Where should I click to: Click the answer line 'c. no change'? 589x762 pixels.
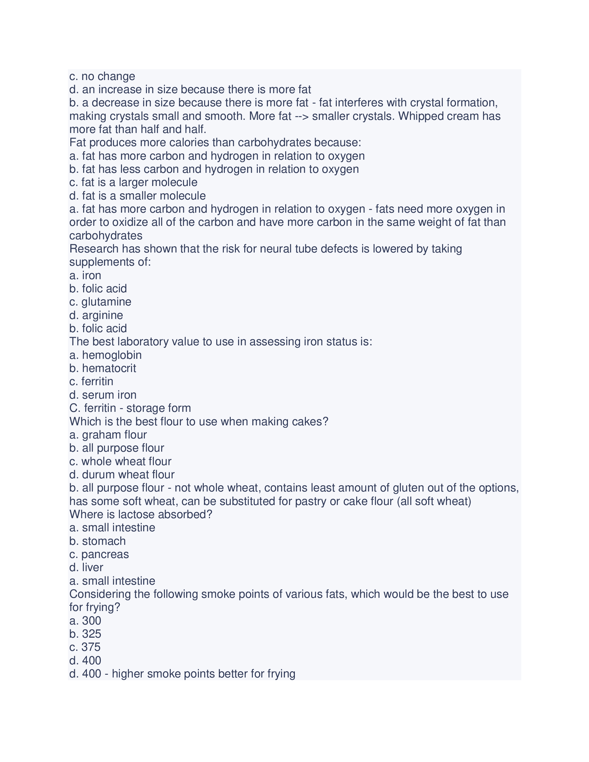coord(102,76)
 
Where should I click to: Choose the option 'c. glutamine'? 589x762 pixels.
coord(100,302)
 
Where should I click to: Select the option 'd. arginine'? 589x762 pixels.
coord(96,315)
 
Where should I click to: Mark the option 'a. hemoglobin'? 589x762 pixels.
coord(105,355)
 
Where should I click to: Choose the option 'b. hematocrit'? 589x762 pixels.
coord(103,368)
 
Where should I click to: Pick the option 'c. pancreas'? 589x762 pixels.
coord(99,554)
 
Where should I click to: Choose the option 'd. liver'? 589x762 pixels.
coord(86,567)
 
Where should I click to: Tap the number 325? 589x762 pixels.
coord(92,633)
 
